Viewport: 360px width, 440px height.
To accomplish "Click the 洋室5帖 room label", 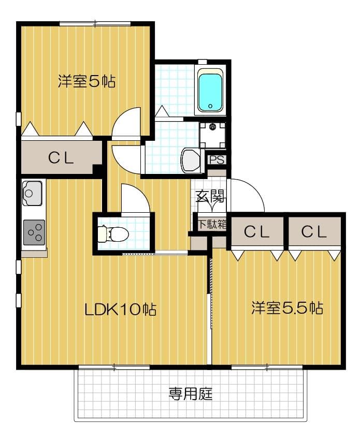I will [86, 82].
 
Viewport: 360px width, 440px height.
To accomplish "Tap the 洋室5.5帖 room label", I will [287, 309].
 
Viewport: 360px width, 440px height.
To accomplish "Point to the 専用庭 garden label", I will [191, 394].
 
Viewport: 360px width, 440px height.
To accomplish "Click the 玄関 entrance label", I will [210, 196].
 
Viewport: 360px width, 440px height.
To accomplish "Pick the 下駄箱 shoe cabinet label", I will [211, 225].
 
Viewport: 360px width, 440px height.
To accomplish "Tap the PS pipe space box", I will [217, 160].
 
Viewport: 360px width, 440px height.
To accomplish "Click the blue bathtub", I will [210, 92].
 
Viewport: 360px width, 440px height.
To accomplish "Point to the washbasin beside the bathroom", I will [190, 161].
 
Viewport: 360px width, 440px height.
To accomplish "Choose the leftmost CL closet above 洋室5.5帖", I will [257, 232].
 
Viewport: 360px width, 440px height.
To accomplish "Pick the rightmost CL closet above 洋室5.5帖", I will [314, 232].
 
